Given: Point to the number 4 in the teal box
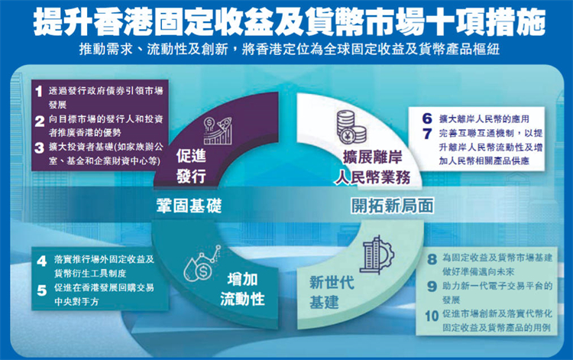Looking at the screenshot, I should click(x=43, y=260).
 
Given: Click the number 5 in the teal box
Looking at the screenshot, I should click(x=43, y=288).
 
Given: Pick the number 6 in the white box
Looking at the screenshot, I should click(x=427, y=119).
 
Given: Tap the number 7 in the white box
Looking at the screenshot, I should click(x=427, y=134).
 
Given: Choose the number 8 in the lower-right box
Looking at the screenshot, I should click(x=432, y=260).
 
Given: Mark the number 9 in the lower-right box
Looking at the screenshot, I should click(x=432, y=287).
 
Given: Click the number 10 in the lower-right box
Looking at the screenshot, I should click(x=429, y=314).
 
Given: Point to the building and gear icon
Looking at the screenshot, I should click(x=375, y=254).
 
